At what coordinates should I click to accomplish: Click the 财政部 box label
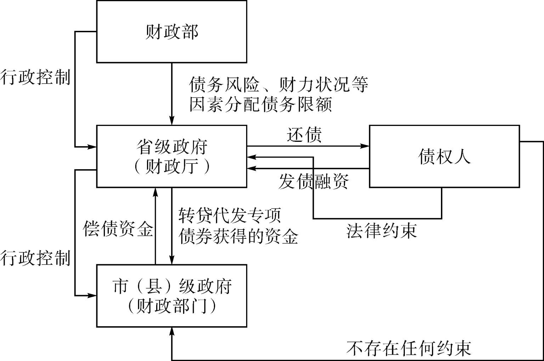(x=172, y=32)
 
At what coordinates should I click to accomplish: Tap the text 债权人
(x=444, y=156)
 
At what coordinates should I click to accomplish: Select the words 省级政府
(x=172, y=147)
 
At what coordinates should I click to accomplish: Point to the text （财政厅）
(x=172, y=166)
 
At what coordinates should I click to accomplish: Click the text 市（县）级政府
(x=172, y=286)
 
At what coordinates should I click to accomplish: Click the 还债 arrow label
(x=304, y=135)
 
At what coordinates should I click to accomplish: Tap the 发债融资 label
(x=313, y=182)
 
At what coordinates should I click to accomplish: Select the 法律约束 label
(x=381, y=231)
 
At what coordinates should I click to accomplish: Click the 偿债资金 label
(x=118, y=229)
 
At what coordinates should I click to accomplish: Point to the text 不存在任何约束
(x=409, y=348)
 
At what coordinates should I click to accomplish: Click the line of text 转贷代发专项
(x=230, y=215)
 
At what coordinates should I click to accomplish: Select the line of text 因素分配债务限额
(x=261, y=105)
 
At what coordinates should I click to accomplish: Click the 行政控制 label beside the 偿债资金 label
(x=35, y=258)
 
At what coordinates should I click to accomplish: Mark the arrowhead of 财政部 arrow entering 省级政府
(x=172, y=121)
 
